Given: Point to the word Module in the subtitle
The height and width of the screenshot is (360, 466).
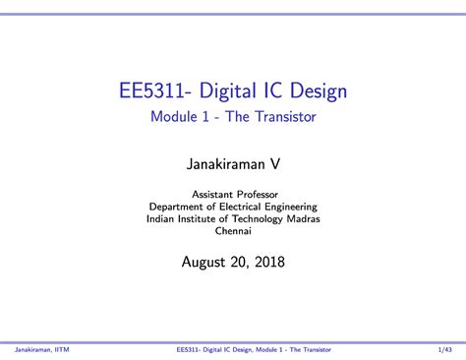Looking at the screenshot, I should coord(175,118).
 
